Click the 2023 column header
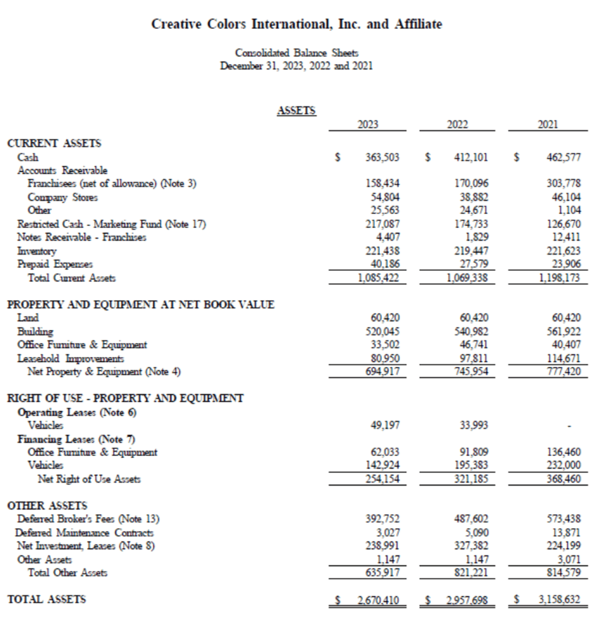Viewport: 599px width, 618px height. [367, 124]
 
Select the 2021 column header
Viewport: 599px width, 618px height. [548, 124]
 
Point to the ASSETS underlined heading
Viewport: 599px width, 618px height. [296, 110]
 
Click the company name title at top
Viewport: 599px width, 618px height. [297, 25]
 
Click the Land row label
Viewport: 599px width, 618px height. [28, 317]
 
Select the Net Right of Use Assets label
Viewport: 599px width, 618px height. [89, 479]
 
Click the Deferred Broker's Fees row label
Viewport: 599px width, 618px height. [88, 519]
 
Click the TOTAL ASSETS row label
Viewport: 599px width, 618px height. [46, 599]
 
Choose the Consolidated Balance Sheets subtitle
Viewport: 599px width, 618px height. [296, 53]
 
